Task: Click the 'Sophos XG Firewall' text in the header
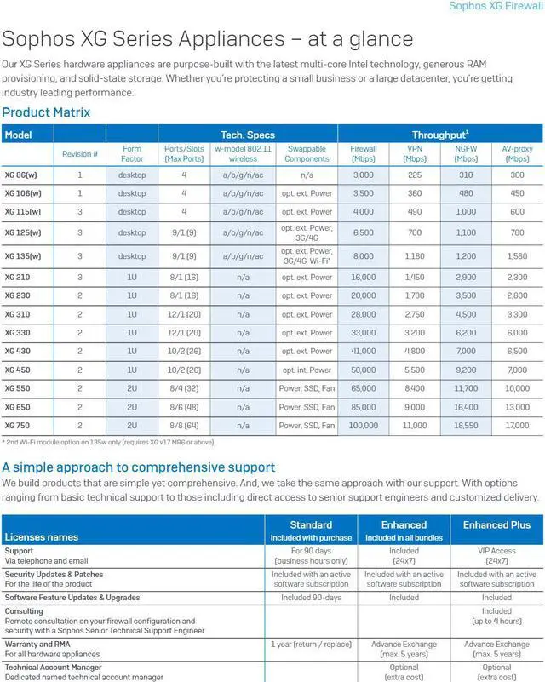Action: (496, 7)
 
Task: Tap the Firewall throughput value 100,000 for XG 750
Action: (363, 425)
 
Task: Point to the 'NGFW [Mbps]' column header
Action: (466, 153)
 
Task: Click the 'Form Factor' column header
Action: (132, 153)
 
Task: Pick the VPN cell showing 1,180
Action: (415, 255)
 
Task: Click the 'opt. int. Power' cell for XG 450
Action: (307, 370)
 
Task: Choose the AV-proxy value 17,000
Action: (517, 425)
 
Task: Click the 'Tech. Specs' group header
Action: (248, 135)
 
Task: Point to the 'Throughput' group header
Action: (439, 135)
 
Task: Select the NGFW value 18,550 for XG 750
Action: (466, 425)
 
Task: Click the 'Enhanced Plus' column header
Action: (496, 525)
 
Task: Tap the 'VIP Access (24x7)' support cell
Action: (496, 555)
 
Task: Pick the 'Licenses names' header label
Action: (42, 537)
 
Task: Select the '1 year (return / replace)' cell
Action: (311, 645)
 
